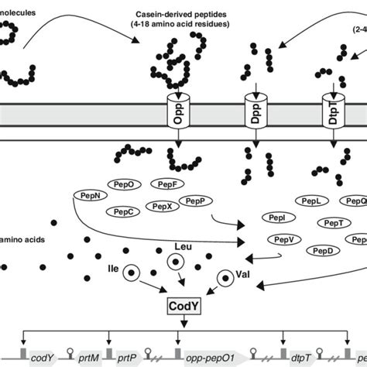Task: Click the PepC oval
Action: click(126, 211)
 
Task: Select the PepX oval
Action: click(163, 207)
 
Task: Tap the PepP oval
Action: click(196, 200)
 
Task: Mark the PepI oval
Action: click(278, 218)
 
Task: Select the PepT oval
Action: click(334, 223)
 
